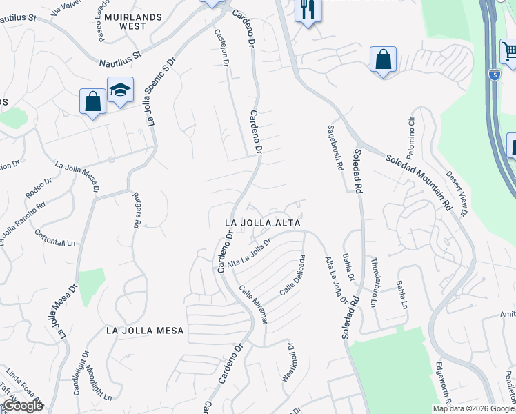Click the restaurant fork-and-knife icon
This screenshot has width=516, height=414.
(307, 10)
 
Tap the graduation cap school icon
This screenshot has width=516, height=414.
(119, 90)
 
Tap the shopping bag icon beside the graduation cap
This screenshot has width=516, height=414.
(92, 102)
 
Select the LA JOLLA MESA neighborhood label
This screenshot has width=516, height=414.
(146, 331)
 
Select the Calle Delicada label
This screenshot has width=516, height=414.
(292, 276)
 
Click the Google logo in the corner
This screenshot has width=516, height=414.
(23, 406)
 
